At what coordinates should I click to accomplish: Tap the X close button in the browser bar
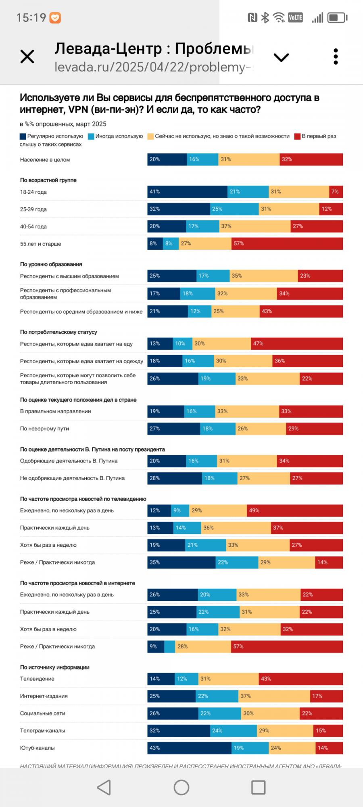[x=27, y=56]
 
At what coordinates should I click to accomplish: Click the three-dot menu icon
[x=336, y=57]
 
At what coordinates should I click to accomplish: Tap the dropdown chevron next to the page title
[x=281, y=57]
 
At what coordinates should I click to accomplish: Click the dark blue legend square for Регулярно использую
[x=23, y=136]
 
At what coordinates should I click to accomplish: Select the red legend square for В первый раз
[x=298, y=136]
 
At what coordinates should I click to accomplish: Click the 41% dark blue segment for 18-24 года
[x=187, y=192]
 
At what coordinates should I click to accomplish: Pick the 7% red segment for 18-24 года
[x=336, y=192]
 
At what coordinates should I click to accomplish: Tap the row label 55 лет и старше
[x=41, y=244]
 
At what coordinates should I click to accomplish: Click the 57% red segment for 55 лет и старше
[x=287, y=244]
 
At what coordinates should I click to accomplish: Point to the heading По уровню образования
[x=51, y=264]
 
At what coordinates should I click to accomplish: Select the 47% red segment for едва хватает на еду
[x=297, y=344]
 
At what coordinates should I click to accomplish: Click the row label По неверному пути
[x=44, y=429]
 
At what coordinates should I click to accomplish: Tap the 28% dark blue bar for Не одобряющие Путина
[x=175, y=478]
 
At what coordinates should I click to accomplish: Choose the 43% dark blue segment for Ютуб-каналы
[x=189, y=748]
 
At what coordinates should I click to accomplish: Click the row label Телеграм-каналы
[x=43, y=731]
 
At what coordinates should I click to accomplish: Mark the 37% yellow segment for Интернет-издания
[x=274, y=696]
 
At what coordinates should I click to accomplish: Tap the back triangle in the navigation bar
[x=104, y=787]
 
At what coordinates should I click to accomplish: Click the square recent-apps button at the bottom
[x=258, y=787]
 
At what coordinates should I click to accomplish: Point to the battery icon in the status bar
[x=337, y=18]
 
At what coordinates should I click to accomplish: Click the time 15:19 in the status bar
[x=31, y=18]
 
